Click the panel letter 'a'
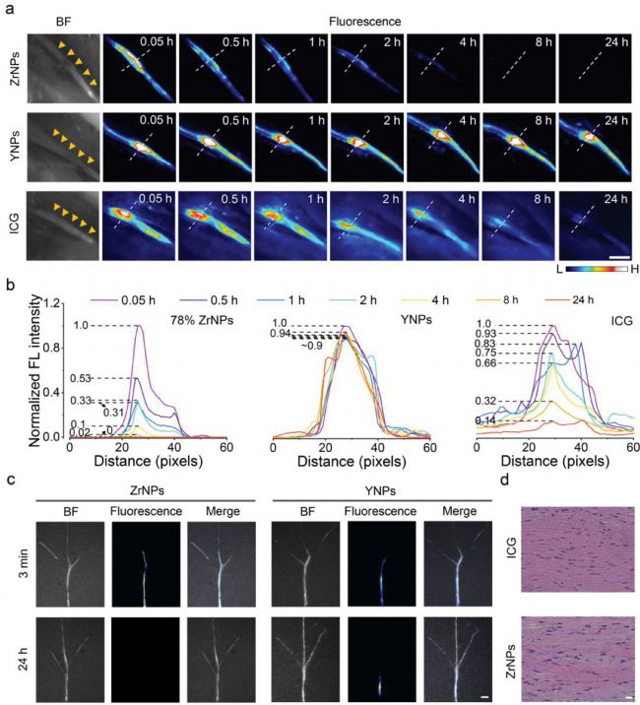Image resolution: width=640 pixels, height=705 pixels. [x=8, y=9]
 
